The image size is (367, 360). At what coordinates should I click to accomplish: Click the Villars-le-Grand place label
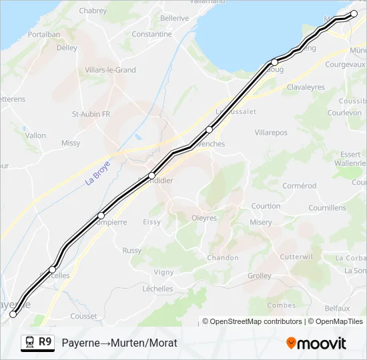110,70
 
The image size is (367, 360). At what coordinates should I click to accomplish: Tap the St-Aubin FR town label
91,114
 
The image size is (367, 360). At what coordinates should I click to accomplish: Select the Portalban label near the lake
44,35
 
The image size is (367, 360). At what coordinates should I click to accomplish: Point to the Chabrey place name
93,11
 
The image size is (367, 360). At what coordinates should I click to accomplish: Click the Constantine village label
151,34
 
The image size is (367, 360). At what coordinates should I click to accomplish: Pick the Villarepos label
271,133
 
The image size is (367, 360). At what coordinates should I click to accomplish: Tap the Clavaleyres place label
305,87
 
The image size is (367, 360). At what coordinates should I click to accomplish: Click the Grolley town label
259,276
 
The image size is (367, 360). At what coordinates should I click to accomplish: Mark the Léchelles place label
157,289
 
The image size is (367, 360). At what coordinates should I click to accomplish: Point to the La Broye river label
97,175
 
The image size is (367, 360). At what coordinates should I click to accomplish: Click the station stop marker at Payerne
13,314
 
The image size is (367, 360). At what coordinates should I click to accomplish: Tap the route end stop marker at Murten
354,13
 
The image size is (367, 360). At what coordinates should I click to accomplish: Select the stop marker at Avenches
210,129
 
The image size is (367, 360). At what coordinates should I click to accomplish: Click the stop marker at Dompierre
101,215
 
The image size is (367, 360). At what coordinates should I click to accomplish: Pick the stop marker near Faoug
274,62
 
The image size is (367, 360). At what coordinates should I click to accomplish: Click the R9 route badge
45,343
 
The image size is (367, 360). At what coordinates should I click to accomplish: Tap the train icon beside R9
29,343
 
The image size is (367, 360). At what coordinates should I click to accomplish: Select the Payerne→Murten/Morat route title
119,343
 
